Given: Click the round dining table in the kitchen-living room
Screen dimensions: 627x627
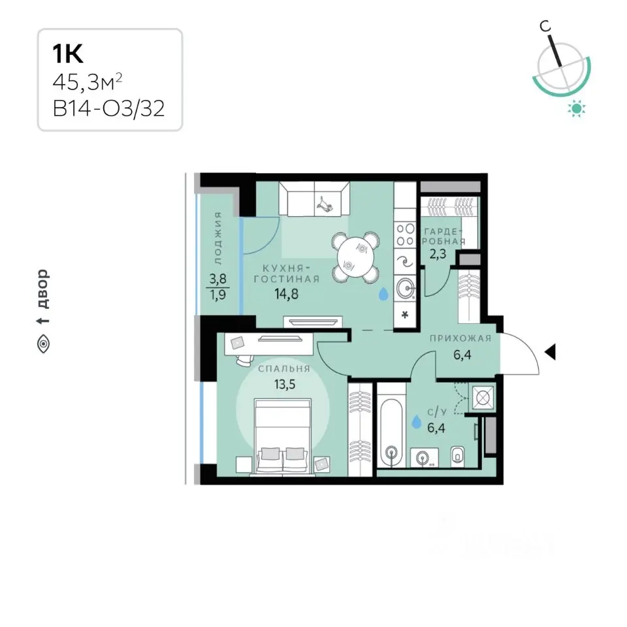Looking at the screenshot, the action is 355,256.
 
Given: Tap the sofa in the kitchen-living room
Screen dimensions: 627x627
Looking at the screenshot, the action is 314,199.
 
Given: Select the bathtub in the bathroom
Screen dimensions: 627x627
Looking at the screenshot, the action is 391,432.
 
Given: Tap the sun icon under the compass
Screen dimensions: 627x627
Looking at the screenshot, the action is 577,108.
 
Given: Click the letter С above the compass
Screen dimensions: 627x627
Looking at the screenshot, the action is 545,26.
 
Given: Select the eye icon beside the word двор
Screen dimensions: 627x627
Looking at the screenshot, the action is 43,344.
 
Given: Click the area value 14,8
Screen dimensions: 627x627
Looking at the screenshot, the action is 286,295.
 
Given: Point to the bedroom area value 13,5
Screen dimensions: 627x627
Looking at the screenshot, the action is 285,385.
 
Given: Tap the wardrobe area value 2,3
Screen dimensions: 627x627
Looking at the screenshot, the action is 438,253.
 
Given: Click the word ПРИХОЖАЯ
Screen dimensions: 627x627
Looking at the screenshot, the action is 460,338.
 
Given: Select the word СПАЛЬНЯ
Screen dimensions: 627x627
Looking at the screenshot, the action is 284,368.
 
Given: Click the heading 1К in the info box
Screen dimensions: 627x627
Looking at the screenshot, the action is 68,54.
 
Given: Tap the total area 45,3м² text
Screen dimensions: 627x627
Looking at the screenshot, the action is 87,82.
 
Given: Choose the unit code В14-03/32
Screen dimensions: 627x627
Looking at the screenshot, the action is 108,108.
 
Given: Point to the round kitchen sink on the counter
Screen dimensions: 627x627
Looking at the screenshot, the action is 406,288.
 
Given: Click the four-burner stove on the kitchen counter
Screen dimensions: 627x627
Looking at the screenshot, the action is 405,234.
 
